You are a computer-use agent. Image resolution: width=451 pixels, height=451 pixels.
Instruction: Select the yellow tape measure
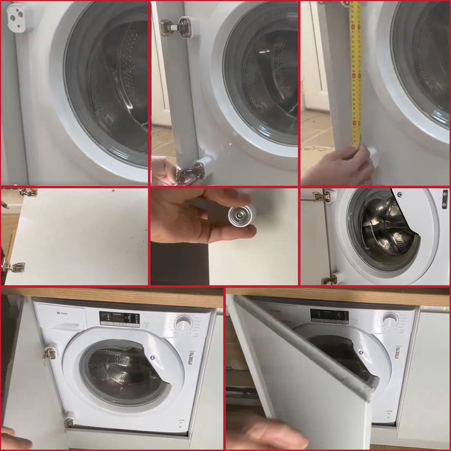click(354, 71)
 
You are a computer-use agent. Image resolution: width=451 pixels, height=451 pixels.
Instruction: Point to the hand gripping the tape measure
click(341, 166)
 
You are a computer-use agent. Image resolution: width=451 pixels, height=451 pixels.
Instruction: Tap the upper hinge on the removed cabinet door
click(27, 192)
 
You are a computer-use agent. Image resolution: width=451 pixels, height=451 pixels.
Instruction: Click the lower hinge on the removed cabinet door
click(14, 266)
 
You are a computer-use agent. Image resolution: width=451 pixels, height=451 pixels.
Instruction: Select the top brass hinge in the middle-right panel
click(321, 197)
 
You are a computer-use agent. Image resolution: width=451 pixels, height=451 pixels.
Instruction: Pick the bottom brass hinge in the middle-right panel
click(329, 279)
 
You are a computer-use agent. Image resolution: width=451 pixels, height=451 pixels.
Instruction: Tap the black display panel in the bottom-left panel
click(119, 318)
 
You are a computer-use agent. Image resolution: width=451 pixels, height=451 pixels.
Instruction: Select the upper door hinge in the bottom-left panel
click(49, 352)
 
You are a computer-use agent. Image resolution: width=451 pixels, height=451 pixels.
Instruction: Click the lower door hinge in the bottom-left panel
click(68, 422)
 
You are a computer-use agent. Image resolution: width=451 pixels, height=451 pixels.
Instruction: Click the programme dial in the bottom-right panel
click(389, 320)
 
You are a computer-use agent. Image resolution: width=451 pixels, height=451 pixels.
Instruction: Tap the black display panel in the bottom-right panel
click(329, 316)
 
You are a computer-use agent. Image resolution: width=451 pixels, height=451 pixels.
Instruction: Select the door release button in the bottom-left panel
click(191, 358)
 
